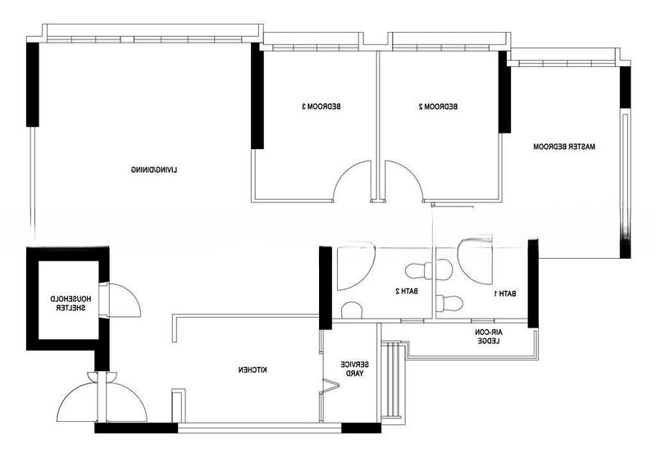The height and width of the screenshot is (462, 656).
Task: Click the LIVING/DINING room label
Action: coord(154,170)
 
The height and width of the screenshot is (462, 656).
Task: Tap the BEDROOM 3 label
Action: coord(321,106)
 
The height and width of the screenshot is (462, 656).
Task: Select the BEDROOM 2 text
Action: coord(438,106)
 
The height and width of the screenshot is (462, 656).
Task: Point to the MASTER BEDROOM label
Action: coord(564,147)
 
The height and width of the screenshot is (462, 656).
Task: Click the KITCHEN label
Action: coord(253,369)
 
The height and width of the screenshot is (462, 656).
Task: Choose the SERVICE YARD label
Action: coord(354,369)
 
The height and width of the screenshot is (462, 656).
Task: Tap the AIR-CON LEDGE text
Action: coord(489,337)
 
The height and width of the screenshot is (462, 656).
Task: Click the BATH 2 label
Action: coord(407,291)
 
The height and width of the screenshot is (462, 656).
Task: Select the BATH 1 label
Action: coord(504,293)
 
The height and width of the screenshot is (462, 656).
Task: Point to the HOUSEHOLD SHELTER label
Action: coord(71,303)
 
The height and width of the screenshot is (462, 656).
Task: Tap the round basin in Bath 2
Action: coord(352,310)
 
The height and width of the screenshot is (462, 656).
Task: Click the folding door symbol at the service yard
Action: coord(330,385)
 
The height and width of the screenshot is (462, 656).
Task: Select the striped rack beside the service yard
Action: coord(394,380)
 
